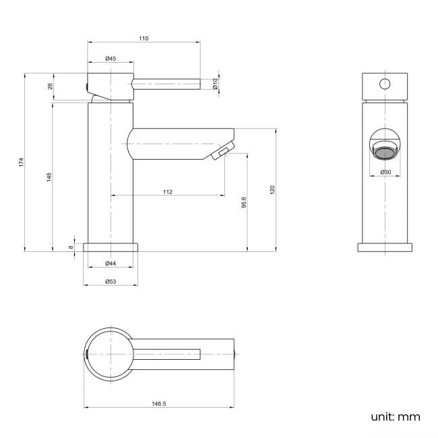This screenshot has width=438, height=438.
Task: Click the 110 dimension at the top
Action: (144, 38)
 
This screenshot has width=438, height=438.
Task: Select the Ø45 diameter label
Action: (111, 59)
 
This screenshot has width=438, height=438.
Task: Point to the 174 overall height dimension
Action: (22, 162)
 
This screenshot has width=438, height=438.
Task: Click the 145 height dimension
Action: (49, 177)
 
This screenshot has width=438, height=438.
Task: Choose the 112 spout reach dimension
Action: (168, 192)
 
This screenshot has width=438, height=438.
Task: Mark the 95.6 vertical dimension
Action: (244, 203)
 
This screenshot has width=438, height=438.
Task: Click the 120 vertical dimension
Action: (273, 190)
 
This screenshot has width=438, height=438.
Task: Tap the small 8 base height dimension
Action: (71, 247)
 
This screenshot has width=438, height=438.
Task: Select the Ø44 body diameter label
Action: (111, 263)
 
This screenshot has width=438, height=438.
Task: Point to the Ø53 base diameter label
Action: (111, 281)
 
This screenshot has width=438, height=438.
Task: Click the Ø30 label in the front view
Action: (385, 173)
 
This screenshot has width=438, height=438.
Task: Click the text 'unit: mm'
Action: (396, 416)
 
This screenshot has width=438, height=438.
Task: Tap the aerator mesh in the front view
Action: (385, 152)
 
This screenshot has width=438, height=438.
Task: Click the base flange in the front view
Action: (385, 247)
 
